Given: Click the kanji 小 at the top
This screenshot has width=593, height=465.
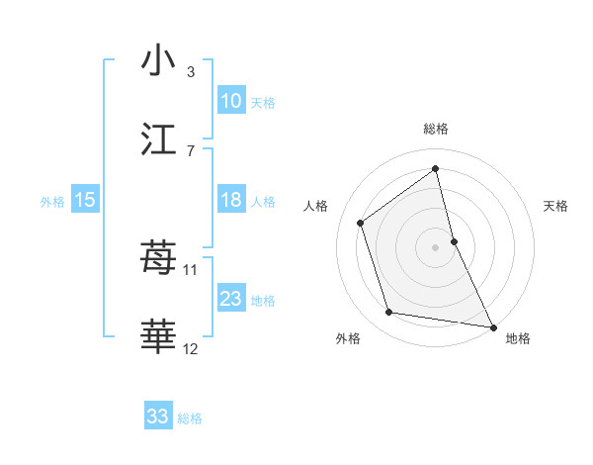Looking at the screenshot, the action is pyautogui.click(x=158, y=60).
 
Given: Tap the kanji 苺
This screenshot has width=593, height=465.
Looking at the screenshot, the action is pyautogui.click(x=158, y=258).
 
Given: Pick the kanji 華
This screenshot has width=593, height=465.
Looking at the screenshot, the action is pyautogui.click(x=158, y=337).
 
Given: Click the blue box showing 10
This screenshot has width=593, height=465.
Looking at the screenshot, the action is pyautogui.click(x=231, y=101).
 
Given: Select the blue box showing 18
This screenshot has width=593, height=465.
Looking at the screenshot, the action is pyautogui.click(x=231, y=200).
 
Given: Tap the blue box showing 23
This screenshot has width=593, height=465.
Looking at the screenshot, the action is pyautogui.click(x=231, y=299).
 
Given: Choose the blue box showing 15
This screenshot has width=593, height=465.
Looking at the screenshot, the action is pyautogui.click(x=85, y=200).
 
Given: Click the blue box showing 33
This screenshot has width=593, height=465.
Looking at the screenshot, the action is pyautogui.click(x=158, y=417).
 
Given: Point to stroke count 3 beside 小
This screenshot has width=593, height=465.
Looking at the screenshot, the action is pyautogui.click(x=191, y=72).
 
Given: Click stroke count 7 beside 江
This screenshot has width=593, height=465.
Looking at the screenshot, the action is pyautogui.click(x=191, y=151).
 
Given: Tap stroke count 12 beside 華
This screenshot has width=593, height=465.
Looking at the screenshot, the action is pyautogui.click(x=191, y=348).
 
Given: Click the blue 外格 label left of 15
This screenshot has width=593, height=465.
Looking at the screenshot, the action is pyautogui.click(x=52, y=202).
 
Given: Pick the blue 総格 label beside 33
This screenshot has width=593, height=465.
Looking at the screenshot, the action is pyautogui.click(x=190, y=418).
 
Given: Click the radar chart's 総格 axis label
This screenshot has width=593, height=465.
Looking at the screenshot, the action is pyautogui.click(x=436, y=129).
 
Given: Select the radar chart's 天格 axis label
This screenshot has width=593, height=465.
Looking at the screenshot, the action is pyautogui.click(x=555, y=206).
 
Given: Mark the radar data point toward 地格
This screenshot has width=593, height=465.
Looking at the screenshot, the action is pyautogui.click(x=492, y=325).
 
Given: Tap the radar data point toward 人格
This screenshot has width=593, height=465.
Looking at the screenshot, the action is pyautogui.click(x=361, y=223).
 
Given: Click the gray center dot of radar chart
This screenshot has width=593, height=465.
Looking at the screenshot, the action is pyautogui.click(x=436, y=247).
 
